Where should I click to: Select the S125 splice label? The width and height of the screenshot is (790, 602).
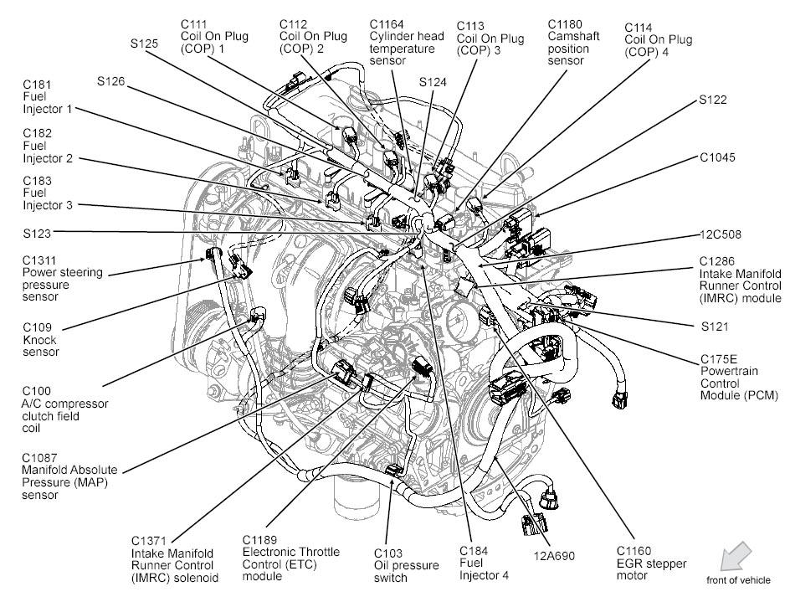click(x=144, y=43)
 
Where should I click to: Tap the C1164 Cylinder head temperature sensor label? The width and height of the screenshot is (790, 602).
click(x=403, y=42)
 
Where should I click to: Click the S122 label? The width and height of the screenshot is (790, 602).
click(x=713, y=100)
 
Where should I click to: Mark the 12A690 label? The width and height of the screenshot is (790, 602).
click(x=551, y=553)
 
